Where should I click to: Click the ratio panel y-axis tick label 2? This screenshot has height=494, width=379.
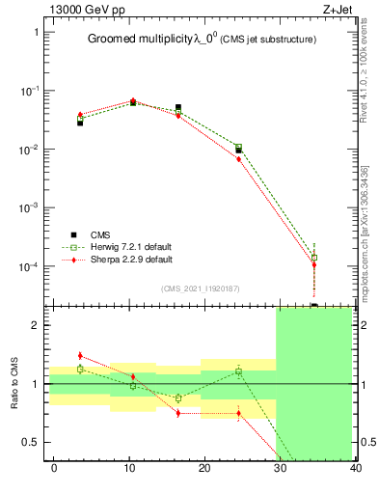(36, 326)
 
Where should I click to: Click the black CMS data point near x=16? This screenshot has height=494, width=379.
(178, 108)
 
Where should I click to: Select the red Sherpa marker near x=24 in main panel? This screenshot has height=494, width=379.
(238, 158)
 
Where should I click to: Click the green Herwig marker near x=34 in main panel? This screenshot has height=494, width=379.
(314, 258)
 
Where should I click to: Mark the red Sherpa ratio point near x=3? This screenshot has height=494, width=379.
(80, 356)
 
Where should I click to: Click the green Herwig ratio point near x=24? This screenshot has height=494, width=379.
(238, 371)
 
